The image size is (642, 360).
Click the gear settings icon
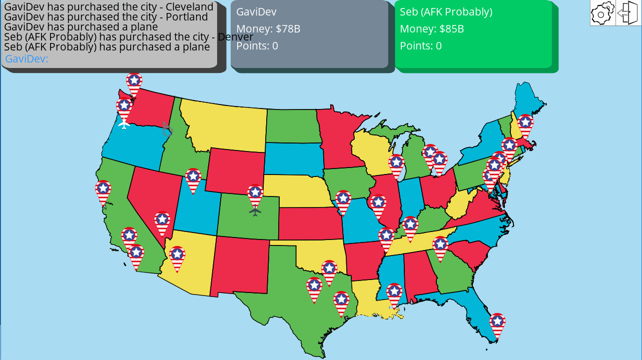point(602,13)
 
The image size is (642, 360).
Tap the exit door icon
point(628,13)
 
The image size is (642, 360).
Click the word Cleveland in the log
point(190,7)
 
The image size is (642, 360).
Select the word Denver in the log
point(235,37)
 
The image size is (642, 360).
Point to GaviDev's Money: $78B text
point(268,29)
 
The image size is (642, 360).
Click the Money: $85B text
point(432,29)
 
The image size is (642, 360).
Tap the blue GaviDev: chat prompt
point(27,59)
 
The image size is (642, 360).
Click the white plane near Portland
point(124,123)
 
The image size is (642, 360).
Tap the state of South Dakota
point(293,158)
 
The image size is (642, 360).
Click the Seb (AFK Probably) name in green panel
point(446,12)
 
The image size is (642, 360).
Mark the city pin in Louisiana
point(394,293)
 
